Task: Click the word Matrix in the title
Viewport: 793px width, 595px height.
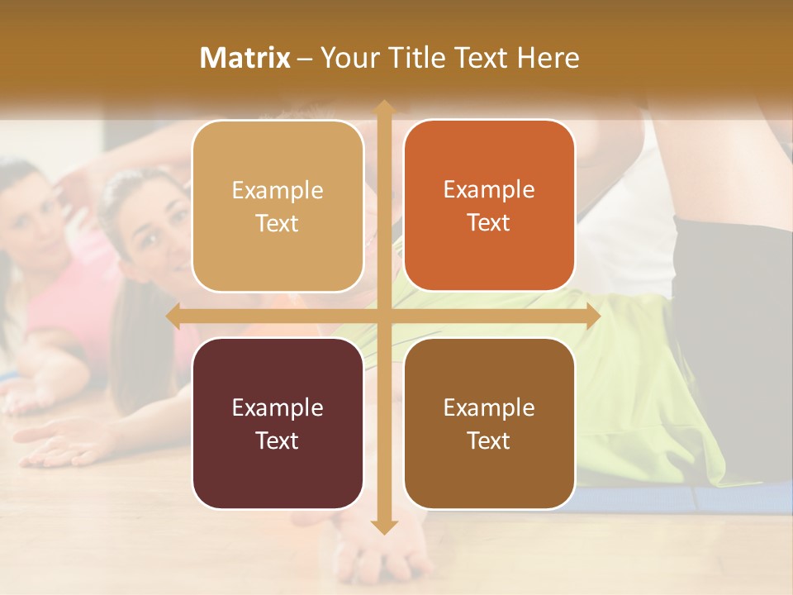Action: coord(245,58)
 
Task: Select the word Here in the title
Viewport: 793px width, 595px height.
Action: coord(548,58)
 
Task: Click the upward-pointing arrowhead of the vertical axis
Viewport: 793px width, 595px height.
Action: coord(383,107)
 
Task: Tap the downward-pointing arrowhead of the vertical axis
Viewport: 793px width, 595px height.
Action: coord(383,526)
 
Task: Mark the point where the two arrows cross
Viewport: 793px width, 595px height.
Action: coord(383,317)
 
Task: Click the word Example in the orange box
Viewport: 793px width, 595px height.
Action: coord(489,190)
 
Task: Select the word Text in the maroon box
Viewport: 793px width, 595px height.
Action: coord(277,440)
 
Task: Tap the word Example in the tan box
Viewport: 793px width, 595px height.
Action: coord(278,191)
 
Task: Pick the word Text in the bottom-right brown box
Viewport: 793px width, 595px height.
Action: coord(489,440)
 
